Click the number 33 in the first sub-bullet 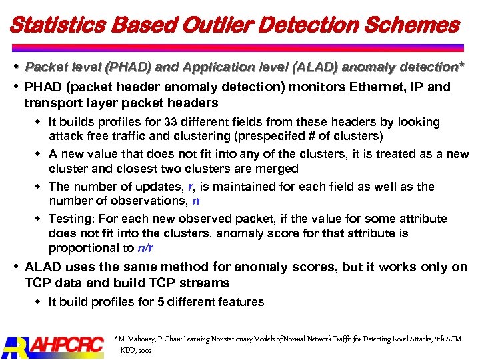[171, 122]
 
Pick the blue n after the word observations [195, 201]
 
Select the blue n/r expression [145, 248]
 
